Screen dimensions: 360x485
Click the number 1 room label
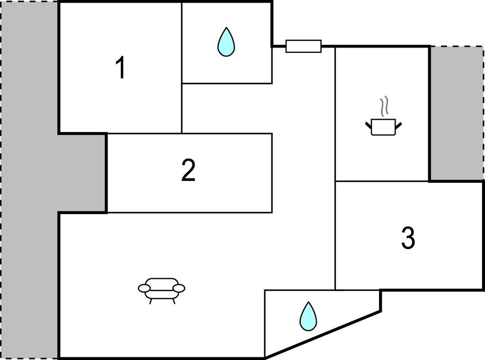(120, 68)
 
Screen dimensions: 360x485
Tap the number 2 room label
(188, 171)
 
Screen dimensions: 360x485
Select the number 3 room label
(407, 238)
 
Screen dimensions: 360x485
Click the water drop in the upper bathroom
(226, 43)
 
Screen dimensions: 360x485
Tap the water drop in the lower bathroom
(308, 316)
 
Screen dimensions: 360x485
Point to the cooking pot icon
(383, 127)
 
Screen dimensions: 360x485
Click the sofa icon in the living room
(161, 288)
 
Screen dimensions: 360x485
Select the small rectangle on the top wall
(303, 46)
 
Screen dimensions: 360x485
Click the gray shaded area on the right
(456, 113)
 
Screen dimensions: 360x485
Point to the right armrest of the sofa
(179, 288)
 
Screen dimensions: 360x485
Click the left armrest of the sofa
(143, 288)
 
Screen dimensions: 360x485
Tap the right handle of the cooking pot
(398, 125)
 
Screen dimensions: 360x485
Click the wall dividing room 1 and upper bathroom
(182, 44)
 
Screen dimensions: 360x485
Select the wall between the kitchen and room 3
(382, 181)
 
